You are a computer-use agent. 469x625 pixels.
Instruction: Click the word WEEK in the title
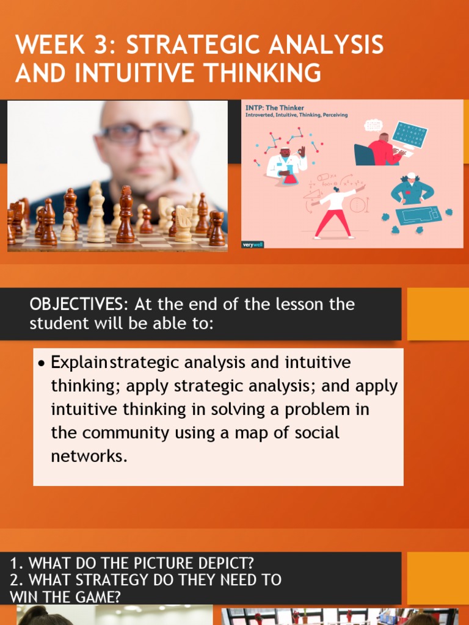coord(49,45)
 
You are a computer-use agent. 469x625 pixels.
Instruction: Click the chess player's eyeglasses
coord(145,134)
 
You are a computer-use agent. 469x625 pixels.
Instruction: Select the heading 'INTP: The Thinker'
coord(275,108)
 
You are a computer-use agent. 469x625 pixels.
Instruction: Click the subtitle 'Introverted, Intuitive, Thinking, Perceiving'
coord(297,115)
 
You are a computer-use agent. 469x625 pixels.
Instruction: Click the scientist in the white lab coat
coord(285,162)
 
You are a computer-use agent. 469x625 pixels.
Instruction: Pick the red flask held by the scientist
coord(289,178)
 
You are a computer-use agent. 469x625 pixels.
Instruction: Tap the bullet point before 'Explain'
coord(41,363)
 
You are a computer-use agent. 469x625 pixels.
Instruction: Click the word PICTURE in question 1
coord(152,563)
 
